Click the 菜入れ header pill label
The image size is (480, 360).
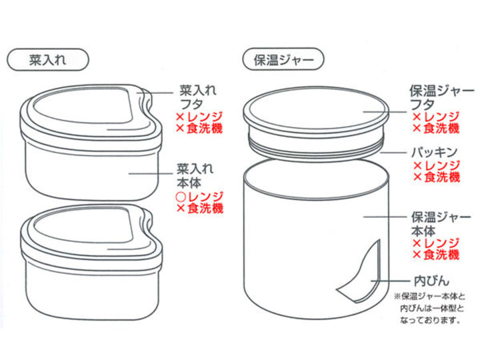(48, 60)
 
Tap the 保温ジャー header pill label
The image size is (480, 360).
(283, 59)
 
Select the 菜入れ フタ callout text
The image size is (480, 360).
(198, 97)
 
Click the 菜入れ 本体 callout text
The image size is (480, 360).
(195, 176)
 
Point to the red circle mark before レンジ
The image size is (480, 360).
(181, 197)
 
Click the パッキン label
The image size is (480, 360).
(434, 152)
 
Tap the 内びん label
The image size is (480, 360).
(431, 281)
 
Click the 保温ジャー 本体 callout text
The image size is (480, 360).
(441, 224)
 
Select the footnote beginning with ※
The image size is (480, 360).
(430, 309)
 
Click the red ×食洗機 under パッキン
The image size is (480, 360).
(437, 177)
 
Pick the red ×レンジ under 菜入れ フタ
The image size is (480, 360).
(199, 117)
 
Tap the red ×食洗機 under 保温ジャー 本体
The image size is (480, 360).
(436, 255)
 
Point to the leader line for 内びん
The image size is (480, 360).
(390, 281)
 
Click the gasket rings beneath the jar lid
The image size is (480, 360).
(316, 147)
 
